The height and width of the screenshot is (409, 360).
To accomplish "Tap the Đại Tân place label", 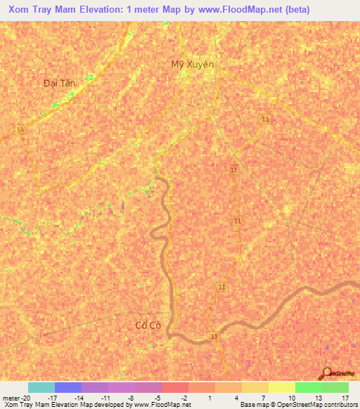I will [x=59, y=82].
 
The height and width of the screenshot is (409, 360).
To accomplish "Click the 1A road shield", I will [x=20, y=129].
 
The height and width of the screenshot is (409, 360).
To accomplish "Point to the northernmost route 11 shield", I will [x=265, y=120].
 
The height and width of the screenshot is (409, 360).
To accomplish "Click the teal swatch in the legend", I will [x=41, y=387].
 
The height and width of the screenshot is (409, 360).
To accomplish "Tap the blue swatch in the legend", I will [x=67, y=387].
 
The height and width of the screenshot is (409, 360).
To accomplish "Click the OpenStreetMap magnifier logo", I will [x=324, y=373].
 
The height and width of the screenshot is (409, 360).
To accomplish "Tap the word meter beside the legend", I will [x=11, y=398].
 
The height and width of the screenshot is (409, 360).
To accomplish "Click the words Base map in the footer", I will [x=251, y=405].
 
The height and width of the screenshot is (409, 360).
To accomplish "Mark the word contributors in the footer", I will [x=339, y=405].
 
